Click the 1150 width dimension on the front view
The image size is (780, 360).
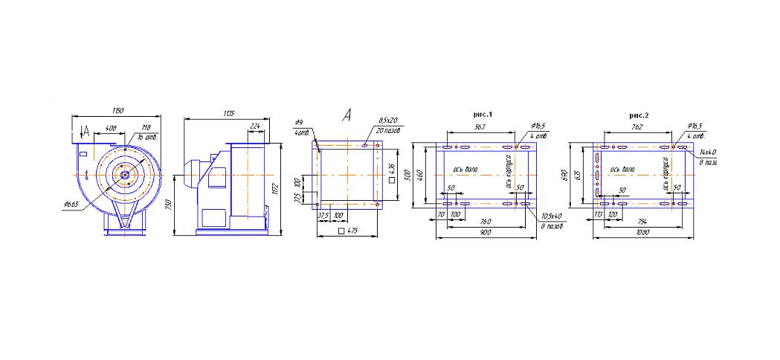117,111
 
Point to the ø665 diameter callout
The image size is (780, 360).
71,203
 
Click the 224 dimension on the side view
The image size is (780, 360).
255,126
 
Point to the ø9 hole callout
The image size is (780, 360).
299,121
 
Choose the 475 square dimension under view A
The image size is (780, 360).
349,231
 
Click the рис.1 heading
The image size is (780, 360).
483,115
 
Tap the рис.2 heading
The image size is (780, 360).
639,115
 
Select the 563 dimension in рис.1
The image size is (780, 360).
480,127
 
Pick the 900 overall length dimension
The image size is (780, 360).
485,232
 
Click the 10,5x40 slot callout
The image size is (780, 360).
550,216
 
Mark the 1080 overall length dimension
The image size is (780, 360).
641,232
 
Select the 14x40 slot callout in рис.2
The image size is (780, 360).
707,152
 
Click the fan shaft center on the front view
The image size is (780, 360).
124,176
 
